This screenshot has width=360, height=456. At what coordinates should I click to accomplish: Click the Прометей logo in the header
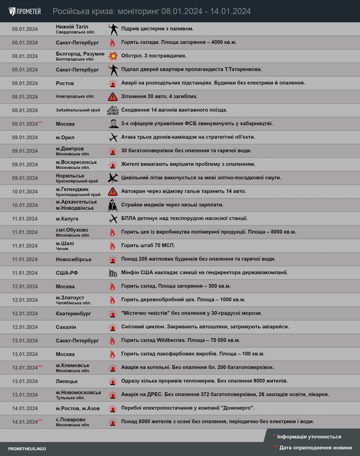click(25, 11)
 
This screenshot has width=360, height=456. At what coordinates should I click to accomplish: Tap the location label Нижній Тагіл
click(72, 27)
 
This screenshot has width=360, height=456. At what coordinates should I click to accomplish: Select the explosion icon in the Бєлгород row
click(113, 56)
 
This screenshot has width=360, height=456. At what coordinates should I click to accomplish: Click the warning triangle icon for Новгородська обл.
click(113, 97)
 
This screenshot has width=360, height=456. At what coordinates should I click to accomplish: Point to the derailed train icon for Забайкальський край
click(113, 110)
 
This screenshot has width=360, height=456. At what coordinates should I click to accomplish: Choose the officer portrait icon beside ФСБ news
click(113, 124)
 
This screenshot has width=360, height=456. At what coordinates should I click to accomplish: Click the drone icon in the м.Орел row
click(113, 137)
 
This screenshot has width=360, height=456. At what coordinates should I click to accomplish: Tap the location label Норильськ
click(70, 176)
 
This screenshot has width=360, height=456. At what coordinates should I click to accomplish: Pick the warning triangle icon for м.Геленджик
click(113, 191)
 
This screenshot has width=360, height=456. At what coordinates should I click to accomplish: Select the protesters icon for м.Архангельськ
click(113, 205)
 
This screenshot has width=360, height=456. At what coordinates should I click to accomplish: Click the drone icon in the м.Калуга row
click(113, 218)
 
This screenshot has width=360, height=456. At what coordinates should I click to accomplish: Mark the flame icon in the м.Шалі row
click(113, 245)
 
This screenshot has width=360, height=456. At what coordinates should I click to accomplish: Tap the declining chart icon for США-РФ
click(113, 273)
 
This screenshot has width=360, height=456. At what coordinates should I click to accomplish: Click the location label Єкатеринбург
click(73, 313)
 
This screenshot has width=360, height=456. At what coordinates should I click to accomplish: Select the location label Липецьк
click(67, 381)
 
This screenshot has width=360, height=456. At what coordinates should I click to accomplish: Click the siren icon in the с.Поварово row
click(113, 422)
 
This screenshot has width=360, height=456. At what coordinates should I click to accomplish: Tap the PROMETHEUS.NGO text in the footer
click(27, 449)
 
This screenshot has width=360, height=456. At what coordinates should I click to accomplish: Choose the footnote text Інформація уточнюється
click(309, 437)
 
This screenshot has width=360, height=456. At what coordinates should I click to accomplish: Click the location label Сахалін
click(66, 327)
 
